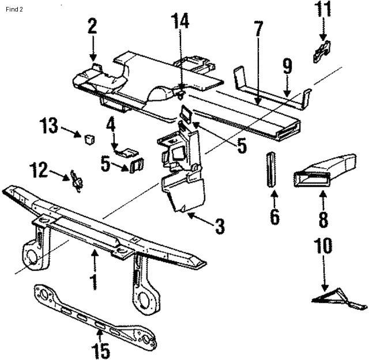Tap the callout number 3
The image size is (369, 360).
[220, 226]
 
